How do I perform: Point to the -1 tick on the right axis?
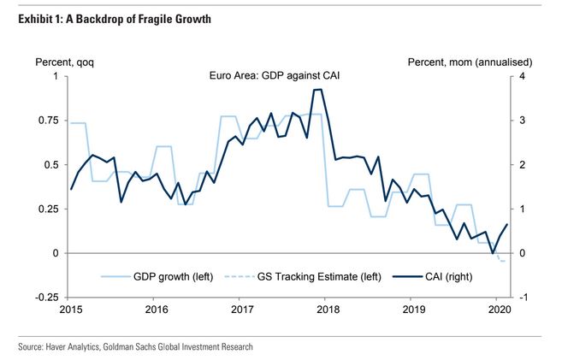pos(523,298)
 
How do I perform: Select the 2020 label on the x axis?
pos(499,310)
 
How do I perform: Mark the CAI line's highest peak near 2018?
pos(317,90)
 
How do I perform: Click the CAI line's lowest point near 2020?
pos(493,253)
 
